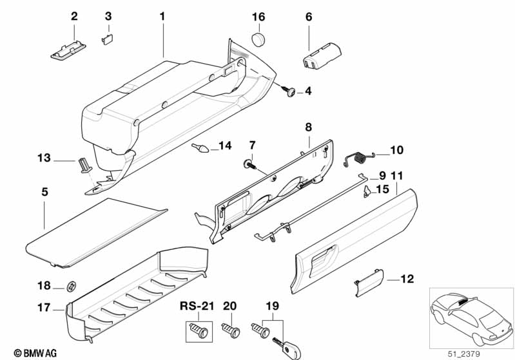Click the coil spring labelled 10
[x=359, y=158]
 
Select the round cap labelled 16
[x=259, y=39]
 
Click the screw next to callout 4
[x=288, y=91]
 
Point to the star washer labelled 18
[x=72, y=286]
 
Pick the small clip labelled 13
[x=84, y=165]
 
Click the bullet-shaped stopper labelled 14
[x=200, y=147]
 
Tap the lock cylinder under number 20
[x=231, y=329]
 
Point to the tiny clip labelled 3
[x=108, y=39]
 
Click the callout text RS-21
[x=197, y=306]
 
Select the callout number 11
[x=397, y=176]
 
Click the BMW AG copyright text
[x=35, y=353]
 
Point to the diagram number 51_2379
[x=463, y=354]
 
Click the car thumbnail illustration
[x=471, y=318]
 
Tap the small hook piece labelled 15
[x=367, y=191]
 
